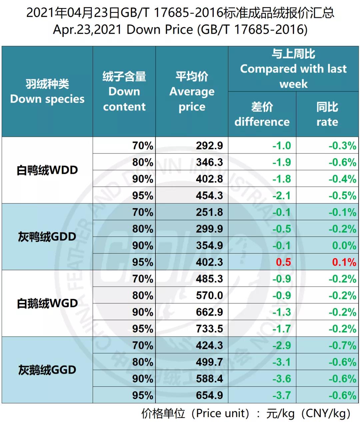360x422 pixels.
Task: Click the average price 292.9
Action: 209,146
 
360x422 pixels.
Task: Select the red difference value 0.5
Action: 283,262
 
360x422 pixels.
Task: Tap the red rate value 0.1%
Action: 344,262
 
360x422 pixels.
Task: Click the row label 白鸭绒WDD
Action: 47,170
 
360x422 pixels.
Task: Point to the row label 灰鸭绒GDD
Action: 47,237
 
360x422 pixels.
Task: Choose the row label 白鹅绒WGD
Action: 47,303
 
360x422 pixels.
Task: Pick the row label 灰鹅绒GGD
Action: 47,370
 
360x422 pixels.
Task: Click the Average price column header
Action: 192,91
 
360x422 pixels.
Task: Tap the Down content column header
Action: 124,91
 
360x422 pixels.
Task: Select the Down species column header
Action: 47,91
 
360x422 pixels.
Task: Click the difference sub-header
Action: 262,114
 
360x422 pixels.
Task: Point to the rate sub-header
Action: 327,114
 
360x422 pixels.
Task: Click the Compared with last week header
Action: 293,69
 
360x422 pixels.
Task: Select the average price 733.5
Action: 209,329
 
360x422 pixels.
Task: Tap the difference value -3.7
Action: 282,395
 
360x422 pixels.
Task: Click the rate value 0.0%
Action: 344,246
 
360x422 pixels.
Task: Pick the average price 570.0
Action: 209,296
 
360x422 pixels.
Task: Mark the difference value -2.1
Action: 282,195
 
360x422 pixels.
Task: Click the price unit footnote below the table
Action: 246,414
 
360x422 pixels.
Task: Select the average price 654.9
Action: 209,395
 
